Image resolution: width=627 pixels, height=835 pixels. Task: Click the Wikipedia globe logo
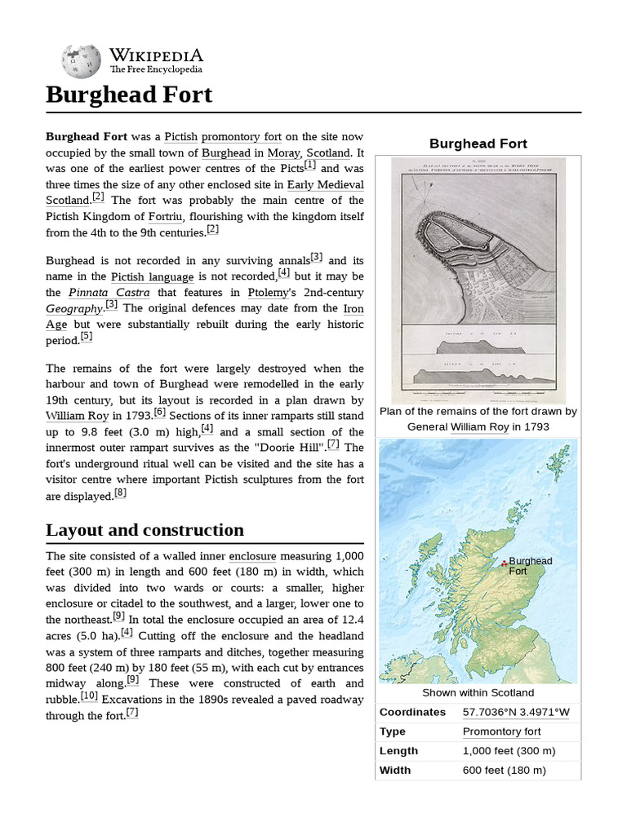[81, 61]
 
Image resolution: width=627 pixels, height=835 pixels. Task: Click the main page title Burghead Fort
[129, 95]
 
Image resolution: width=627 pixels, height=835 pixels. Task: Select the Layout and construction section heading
[145, 530]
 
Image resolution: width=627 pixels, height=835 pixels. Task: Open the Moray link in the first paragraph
[283, 152]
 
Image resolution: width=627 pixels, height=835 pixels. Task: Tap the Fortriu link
[166, 216]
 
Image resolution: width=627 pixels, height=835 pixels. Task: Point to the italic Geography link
[74, 308]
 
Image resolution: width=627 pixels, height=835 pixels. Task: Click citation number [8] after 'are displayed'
[121, 493]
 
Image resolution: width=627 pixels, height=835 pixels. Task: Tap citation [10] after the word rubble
[90, 696]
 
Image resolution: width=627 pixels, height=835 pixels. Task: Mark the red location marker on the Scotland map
[505, 563]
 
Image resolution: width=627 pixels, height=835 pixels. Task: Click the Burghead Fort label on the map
[530, 567]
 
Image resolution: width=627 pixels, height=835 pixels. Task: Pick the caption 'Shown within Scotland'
[478, 693]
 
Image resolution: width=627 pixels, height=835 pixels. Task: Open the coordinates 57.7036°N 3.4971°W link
[516, 712]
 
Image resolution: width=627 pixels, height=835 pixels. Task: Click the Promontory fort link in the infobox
[501, 731]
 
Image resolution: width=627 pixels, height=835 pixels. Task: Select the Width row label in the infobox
[395, 771]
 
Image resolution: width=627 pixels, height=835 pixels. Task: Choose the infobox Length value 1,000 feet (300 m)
[509, 751]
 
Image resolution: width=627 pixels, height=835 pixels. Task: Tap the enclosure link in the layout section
[252, 556]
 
